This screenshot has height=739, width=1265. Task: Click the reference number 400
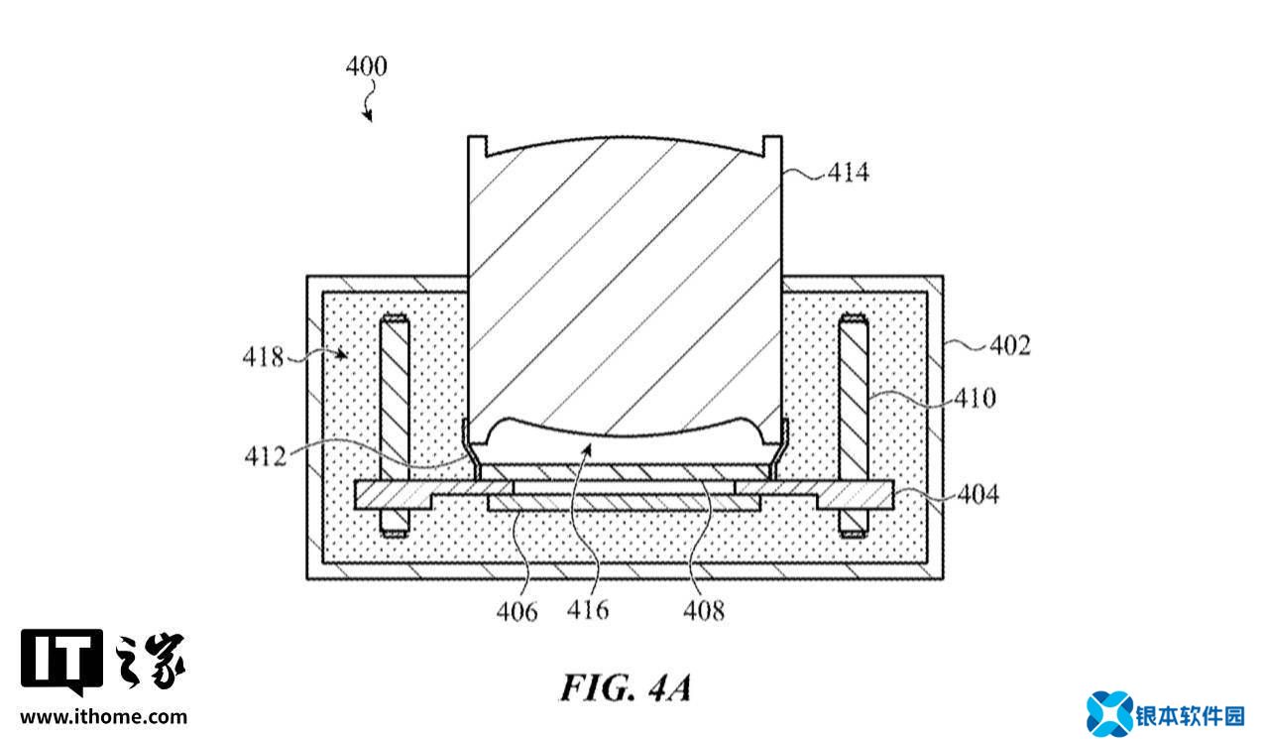click(367, 66)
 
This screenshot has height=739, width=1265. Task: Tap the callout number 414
click(849, 172)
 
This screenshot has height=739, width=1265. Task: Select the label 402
click(1010, 345)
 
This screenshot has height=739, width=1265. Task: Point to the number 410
click(976, 399)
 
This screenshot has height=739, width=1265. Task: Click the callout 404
click(978, 494)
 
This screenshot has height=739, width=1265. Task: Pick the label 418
click(263, 357)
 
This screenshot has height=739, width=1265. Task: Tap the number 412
click(266, 456)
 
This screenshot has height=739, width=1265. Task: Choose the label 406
click(517, 612)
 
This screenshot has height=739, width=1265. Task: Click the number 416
click(588, 611)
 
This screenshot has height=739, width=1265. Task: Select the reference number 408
click(704, 611)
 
